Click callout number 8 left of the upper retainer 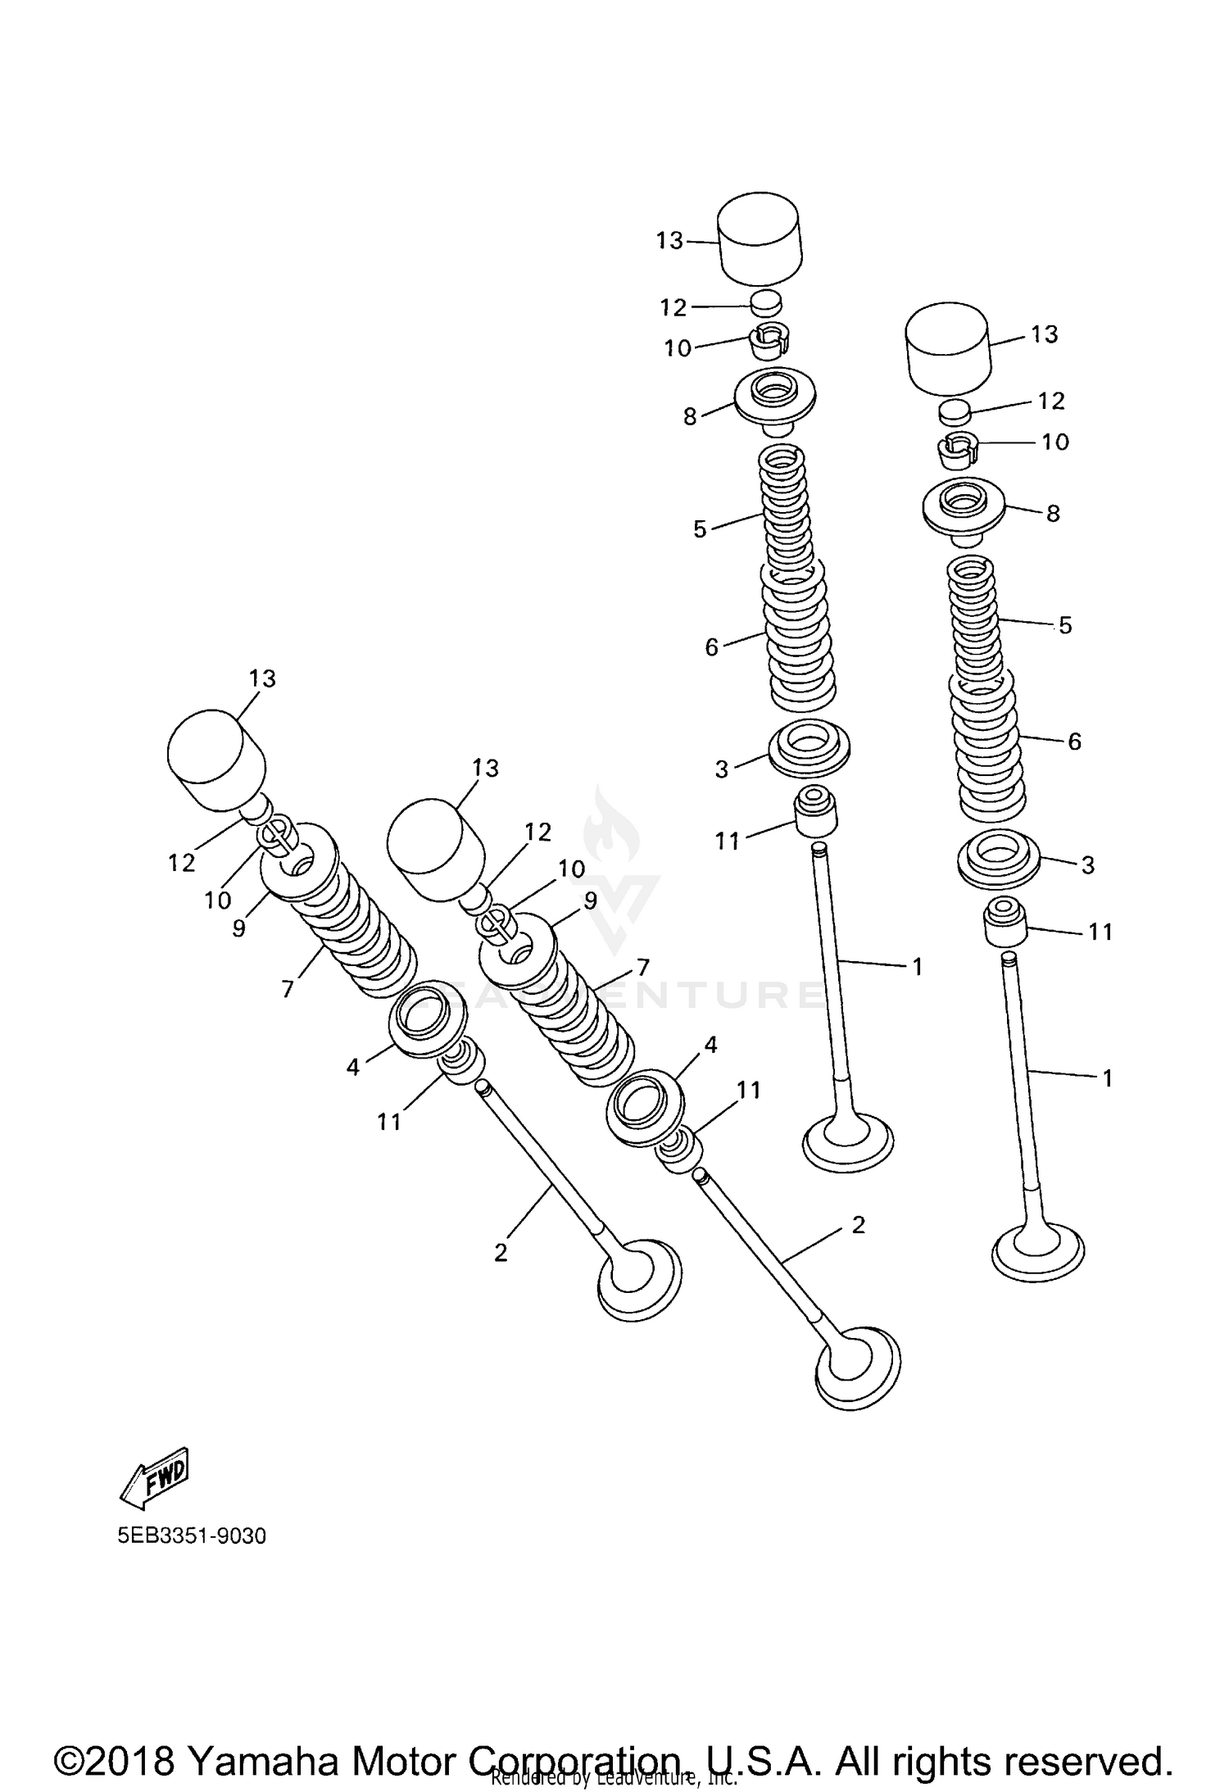[x=690, y=416]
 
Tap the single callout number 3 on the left [x=721, y=769]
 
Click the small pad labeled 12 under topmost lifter [x=766, y=302]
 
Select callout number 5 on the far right [x=1064, y=625]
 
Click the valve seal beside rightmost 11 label [x=1005, y=924]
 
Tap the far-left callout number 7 [x=287, y=990]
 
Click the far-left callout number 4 [x=352, y=1067]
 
